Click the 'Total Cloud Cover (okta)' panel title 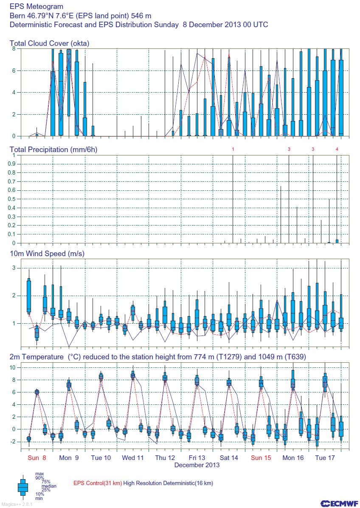click(x=49, y=43)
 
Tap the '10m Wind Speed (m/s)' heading click(x=47, y=254)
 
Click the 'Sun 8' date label click(x=37, y=458)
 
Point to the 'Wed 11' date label click(x=133, y=458)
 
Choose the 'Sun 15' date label click(x=261, y=458)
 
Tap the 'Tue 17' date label click(x=325, y=458)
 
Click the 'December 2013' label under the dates click(x=197, y=465)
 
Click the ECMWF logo click(x=337, y=503)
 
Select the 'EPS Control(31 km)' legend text click(x=98, y=483)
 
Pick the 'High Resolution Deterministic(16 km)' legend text click(x=168, y=483)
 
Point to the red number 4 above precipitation click(x=337, y=150)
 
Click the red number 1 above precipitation click(x=233, y=150)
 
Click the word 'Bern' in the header click(x=17, y=16)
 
